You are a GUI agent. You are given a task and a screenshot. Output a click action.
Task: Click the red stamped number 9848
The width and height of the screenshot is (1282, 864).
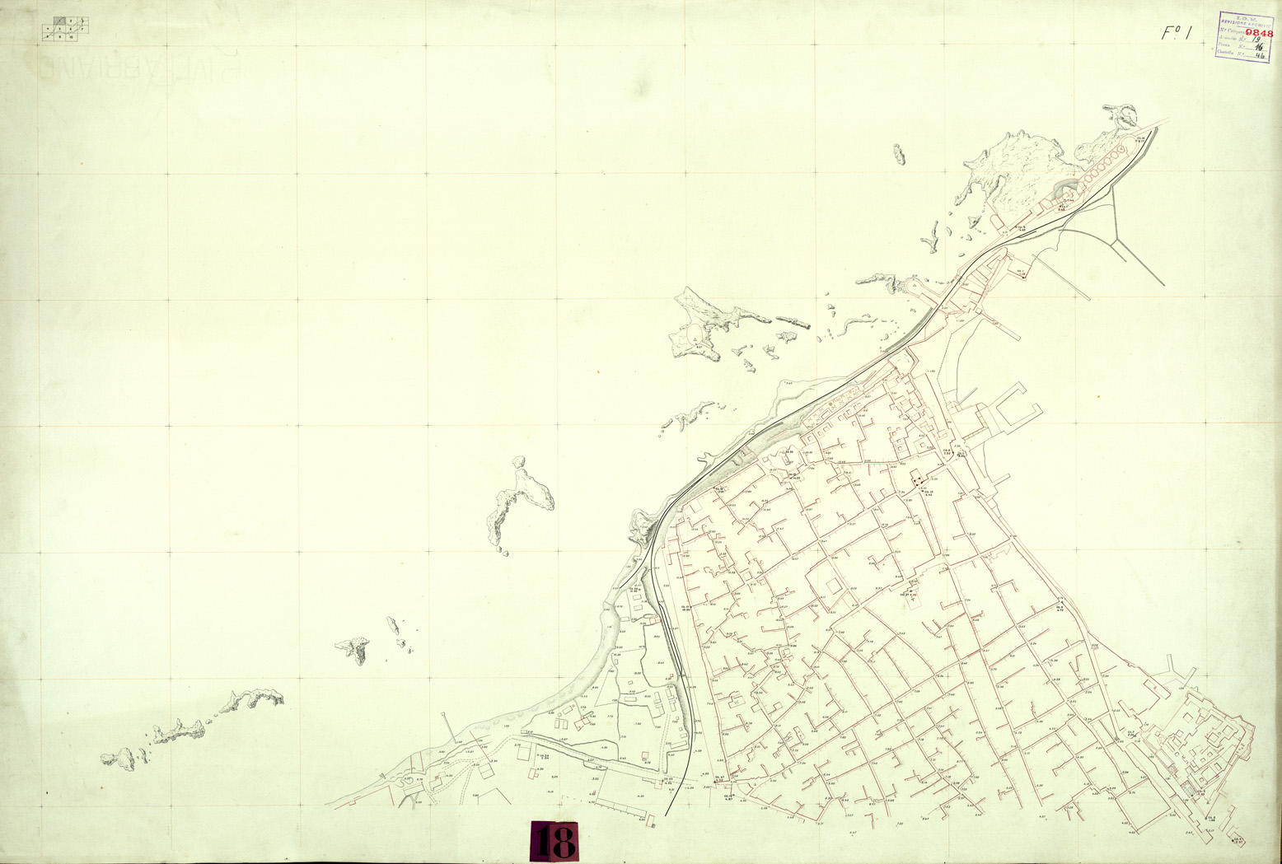click(1259, 34)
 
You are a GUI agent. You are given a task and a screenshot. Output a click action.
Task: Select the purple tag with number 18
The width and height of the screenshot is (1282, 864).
click(554, 842)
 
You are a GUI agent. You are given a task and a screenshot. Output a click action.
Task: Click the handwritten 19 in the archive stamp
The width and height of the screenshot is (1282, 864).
click(1257, 39)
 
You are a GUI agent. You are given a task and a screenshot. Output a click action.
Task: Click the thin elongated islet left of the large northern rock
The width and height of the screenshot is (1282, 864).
click(898, 154)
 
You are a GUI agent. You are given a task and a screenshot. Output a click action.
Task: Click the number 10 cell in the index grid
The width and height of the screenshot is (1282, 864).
click(74, 36)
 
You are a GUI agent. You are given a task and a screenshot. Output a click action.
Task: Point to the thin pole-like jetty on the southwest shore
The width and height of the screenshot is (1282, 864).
click(447, 726)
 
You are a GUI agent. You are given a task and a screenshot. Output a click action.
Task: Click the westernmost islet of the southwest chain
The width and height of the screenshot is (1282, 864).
click(115, 758)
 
